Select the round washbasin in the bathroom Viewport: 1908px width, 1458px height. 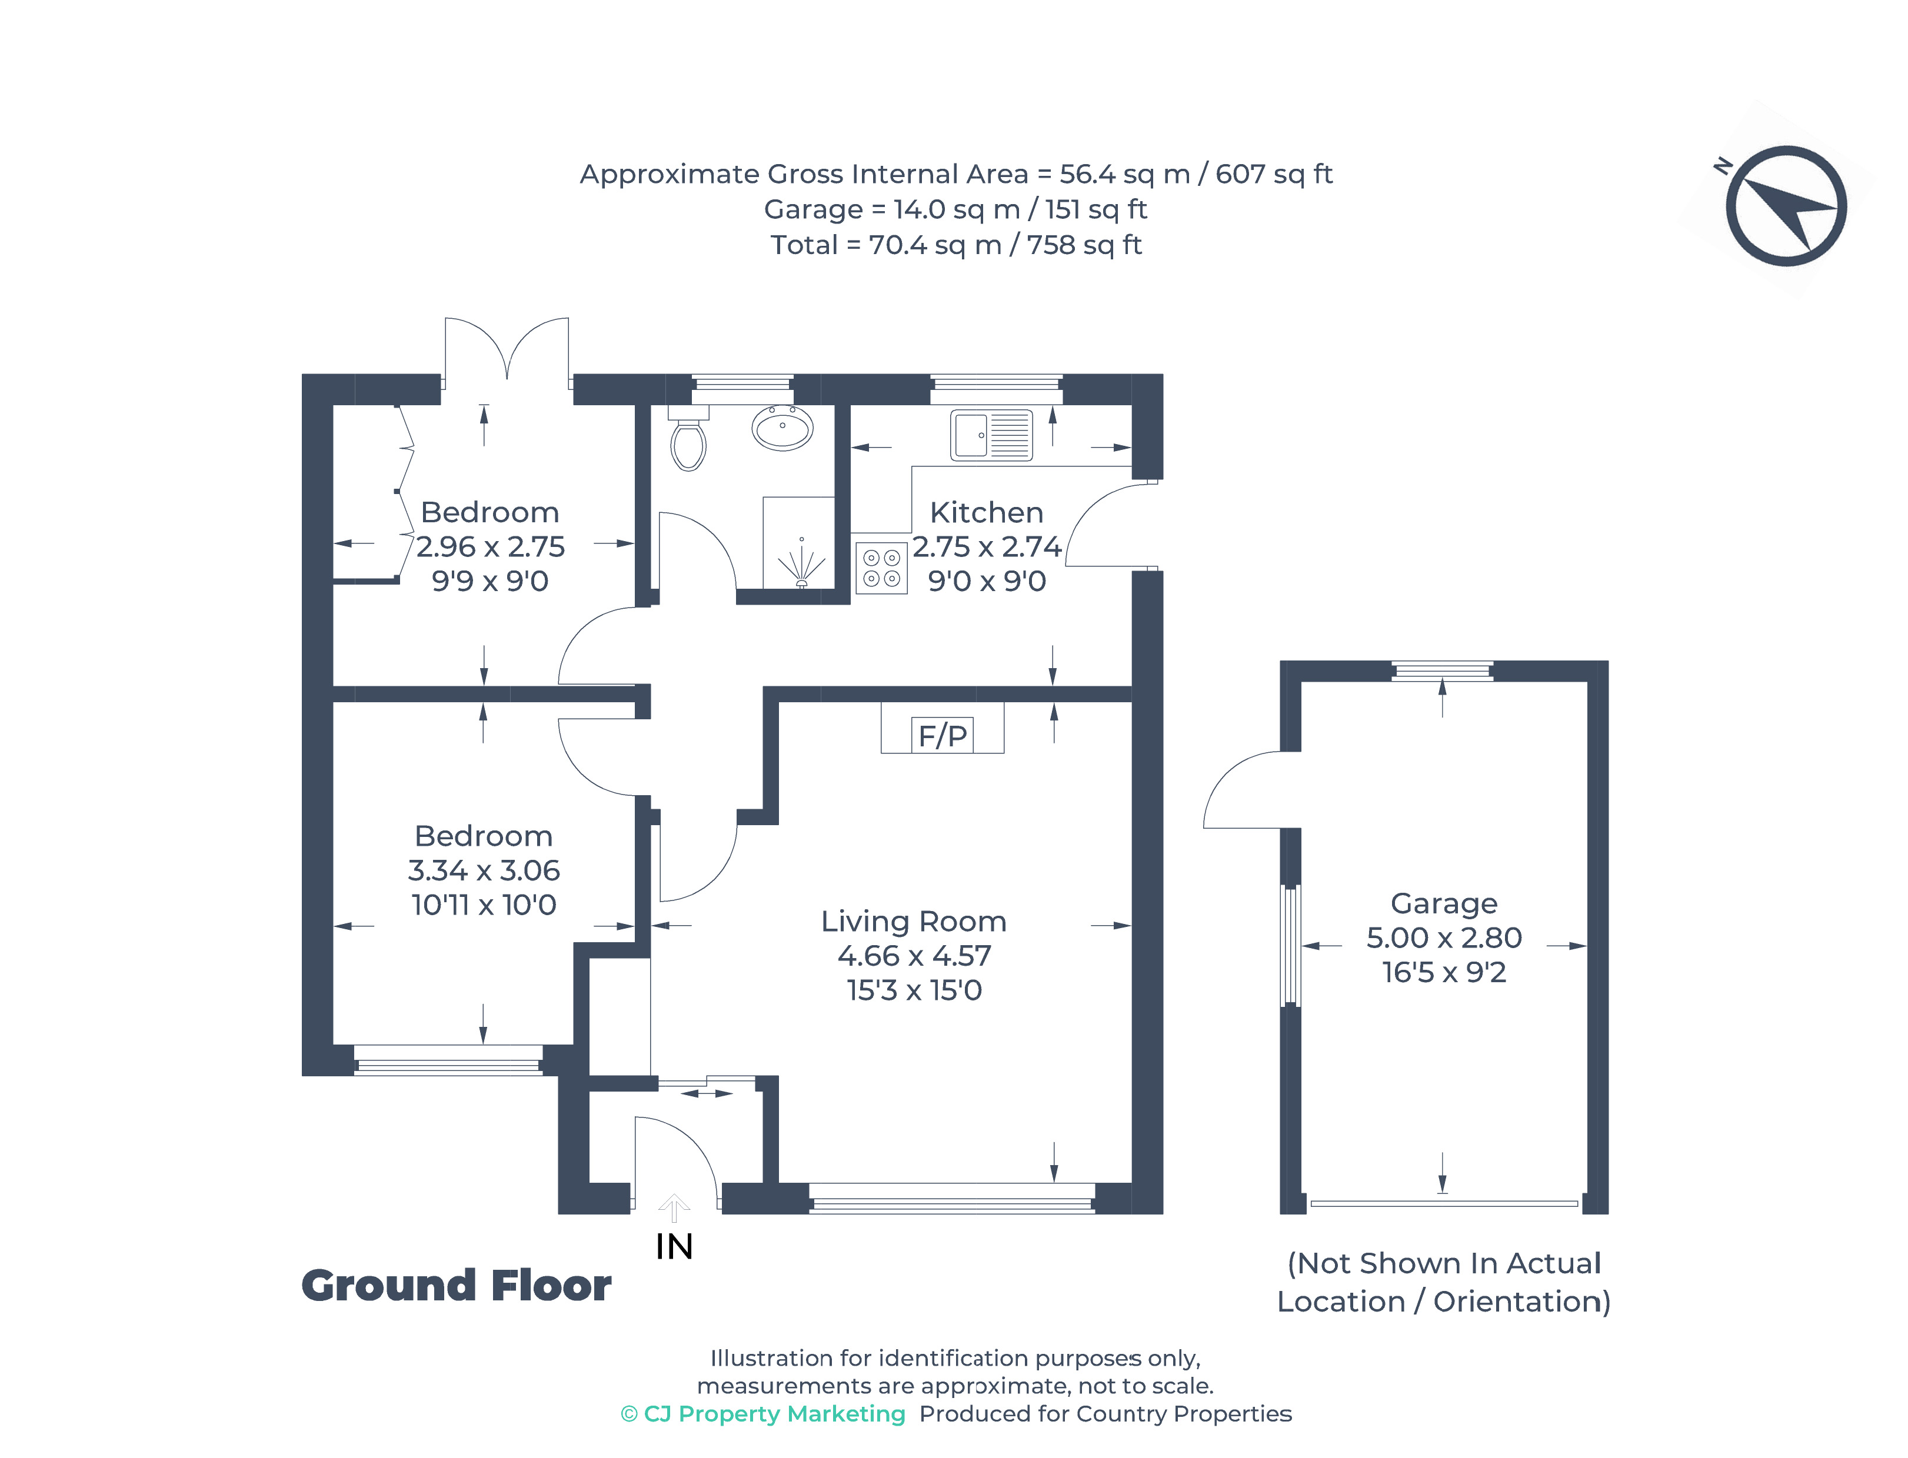pos(781,426)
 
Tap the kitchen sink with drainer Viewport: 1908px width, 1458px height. pos(990,434)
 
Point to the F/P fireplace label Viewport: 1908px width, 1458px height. pos(942,735)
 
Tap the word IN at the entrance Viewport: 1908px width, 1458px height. pos(674,1247)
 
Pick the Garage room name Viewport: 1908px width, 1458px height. pos(1444,903)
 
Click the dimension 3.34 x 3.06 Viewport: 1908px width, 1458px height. pos(484,870)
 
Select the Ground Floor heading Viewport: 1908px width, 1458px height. pos(456,1285)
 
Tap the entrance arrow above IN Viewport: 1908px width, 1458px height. pos(674,1208)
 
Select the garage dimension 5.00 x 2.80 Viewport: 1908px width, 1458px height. pos(1444,937)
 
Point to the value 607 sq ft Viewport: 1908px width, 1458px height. pos(1273,175)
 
